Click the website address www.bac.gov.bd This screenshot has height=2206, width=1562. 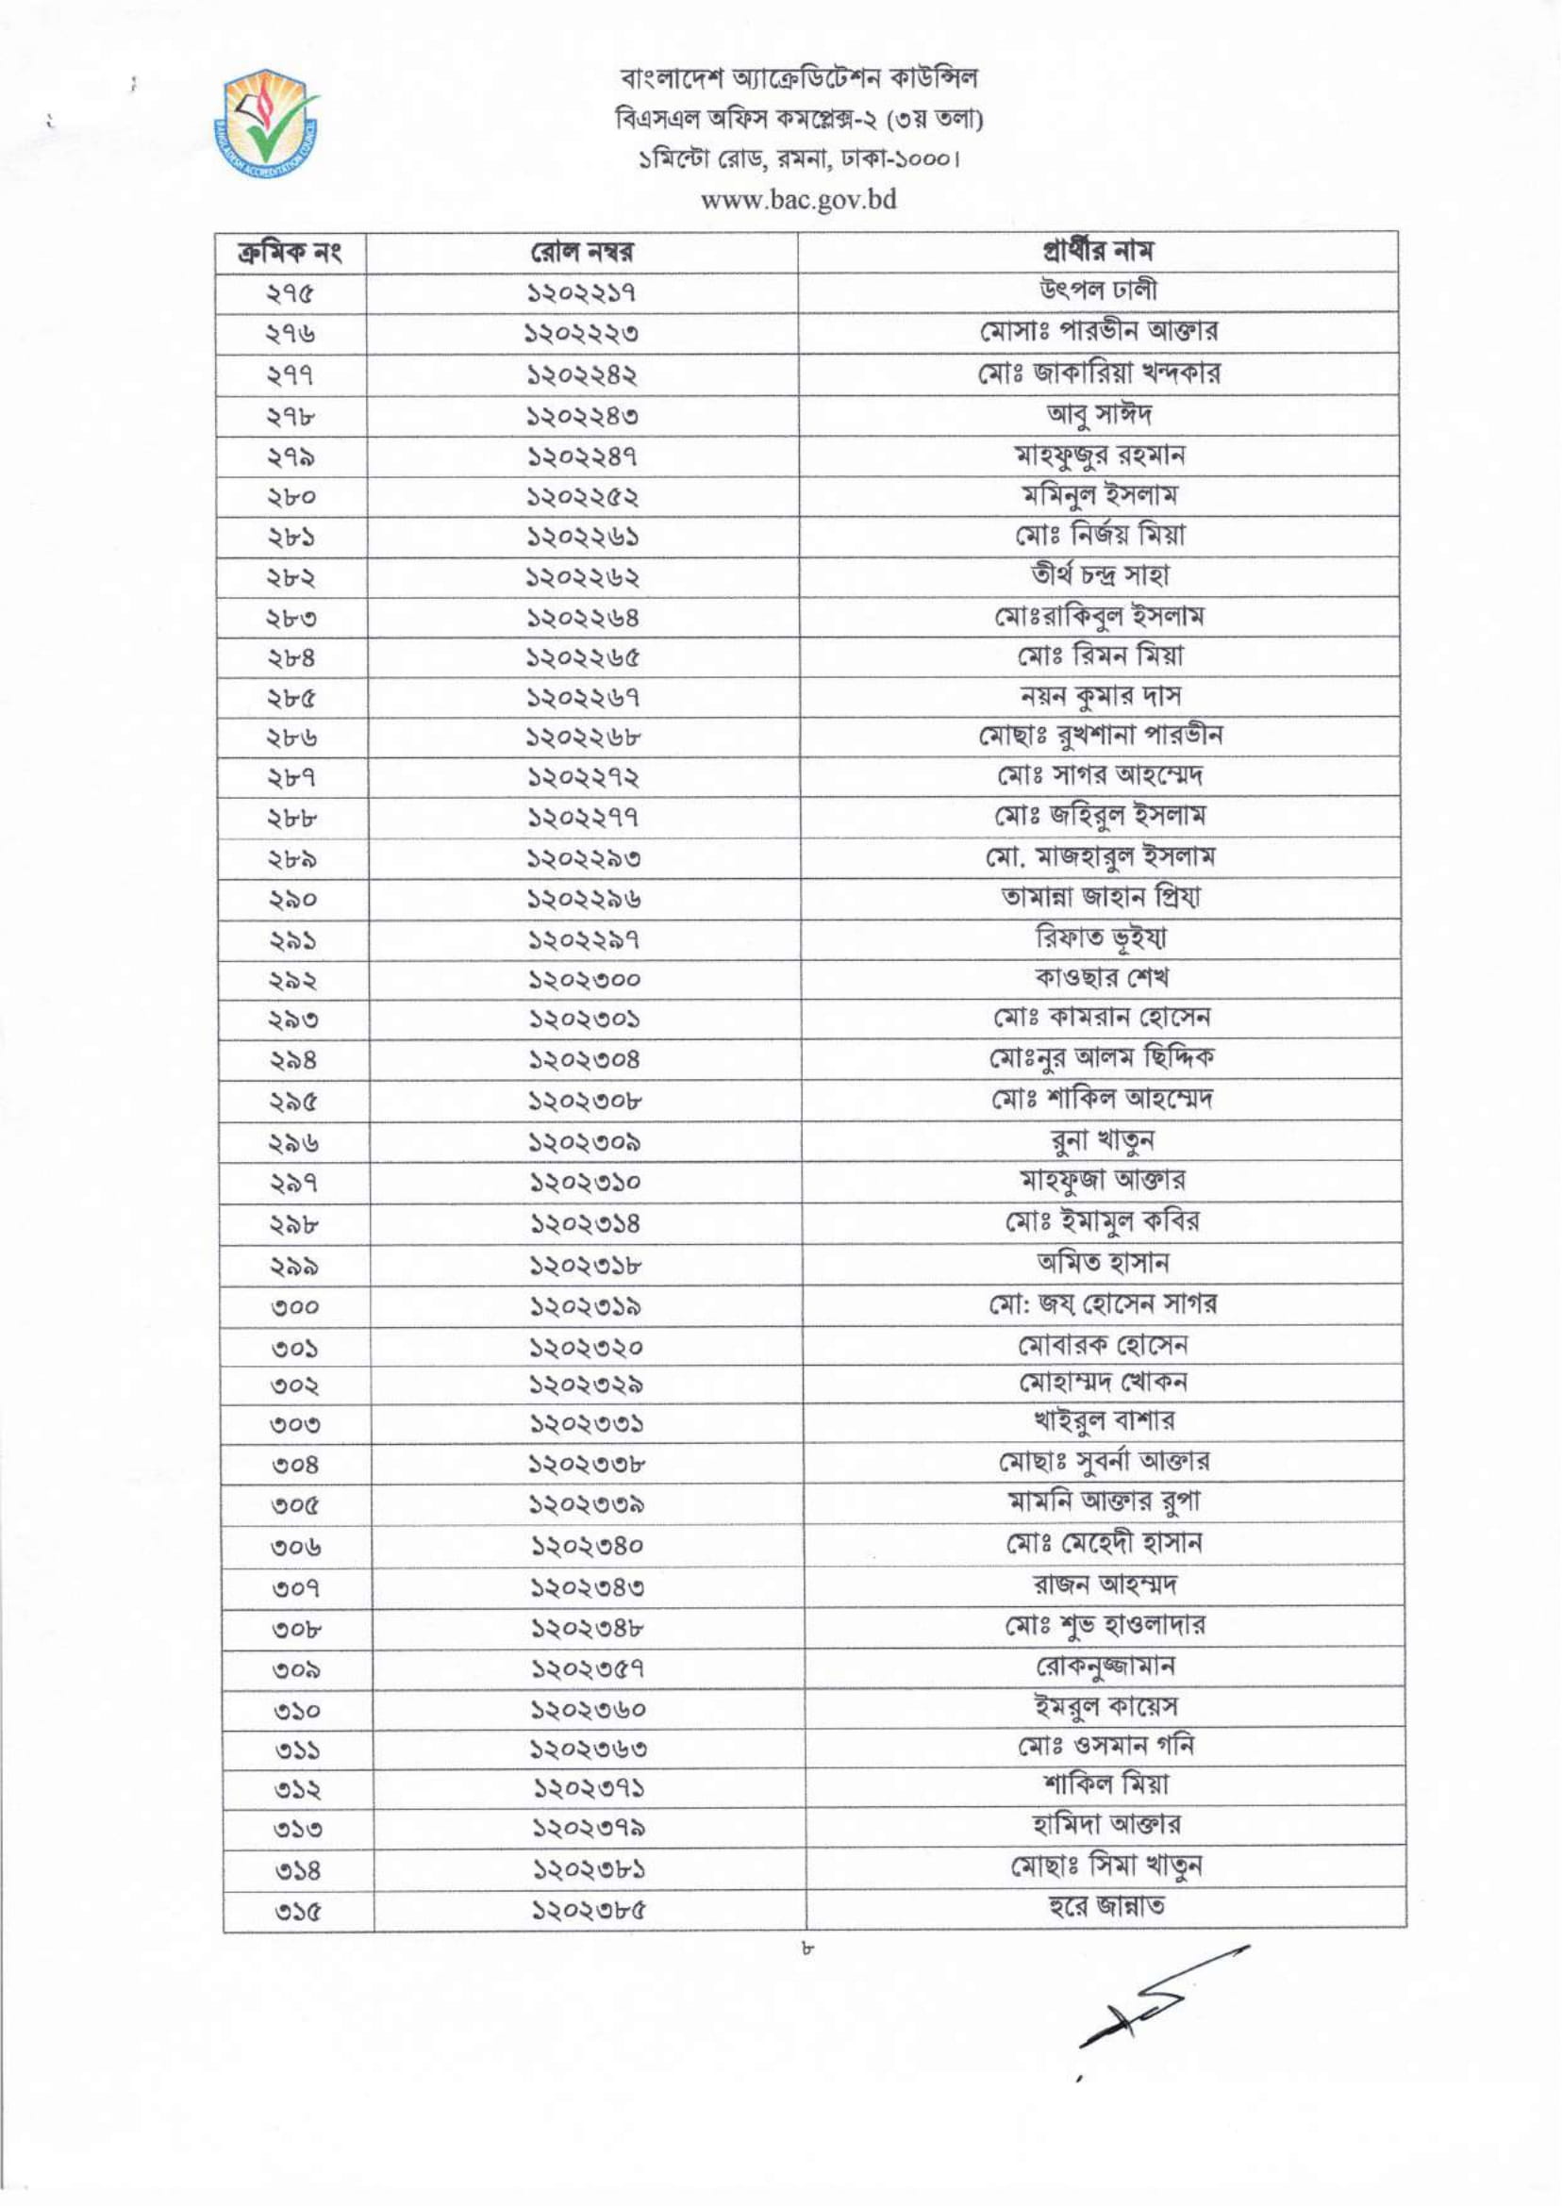click(x=798, y=200)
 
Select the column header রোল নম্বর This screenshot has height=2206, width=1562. click(x=583, y=253)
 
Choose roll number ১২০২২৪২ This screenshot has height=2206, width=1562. click(x=583, y=375)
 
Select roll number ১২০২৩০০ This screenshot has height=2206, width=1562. click(x=583, y=981)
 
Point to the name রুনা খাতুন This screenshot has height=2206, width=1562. click(x=1102, y=1139)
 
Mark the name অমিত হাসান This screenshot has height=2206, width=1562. click(x=1102, y=1262)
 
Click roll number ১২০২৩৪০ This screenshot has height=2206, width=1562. click(x=586, y=1548)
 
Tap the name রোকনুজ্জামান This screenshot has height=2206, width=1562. click(x=1104, y=1665)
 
